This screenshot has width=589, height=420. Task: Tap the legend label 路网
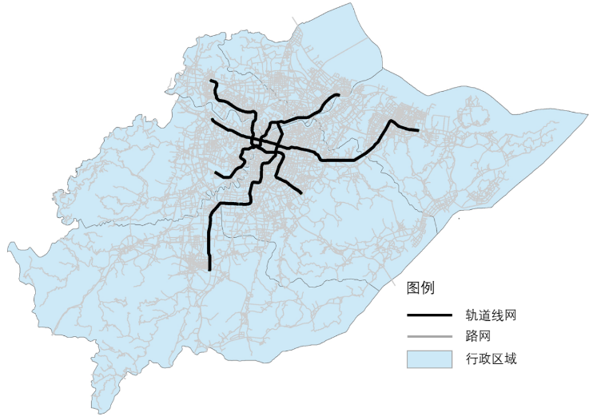[478, 336]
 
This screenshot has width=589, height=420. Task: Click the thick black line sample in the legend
[430, 315]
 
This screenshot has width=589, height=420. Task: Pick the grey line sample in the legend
[430, 336]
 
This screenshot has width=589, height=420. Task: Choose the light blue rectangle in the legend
[430, 359]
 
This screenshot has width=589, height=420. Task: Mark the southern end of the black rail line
[209, 270]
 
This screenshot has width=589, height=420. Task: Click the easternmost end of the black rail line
[417, 129]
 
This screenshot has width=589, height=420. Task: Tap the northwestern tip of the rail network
[210, 81]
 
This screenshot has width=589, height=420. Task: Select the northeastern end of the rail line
[338, 96]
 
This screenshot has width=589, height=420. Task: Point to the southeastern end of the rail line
[300, 192]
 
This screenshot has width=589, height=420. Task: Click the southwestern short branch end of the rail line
[216, 172]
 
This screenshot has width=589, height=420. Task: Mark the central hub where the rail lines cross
[260, 145]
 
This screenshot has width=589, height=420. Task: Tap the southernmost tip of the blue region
[102, 413]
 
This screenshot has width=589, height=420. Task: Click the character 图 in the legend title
[413, 287]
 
